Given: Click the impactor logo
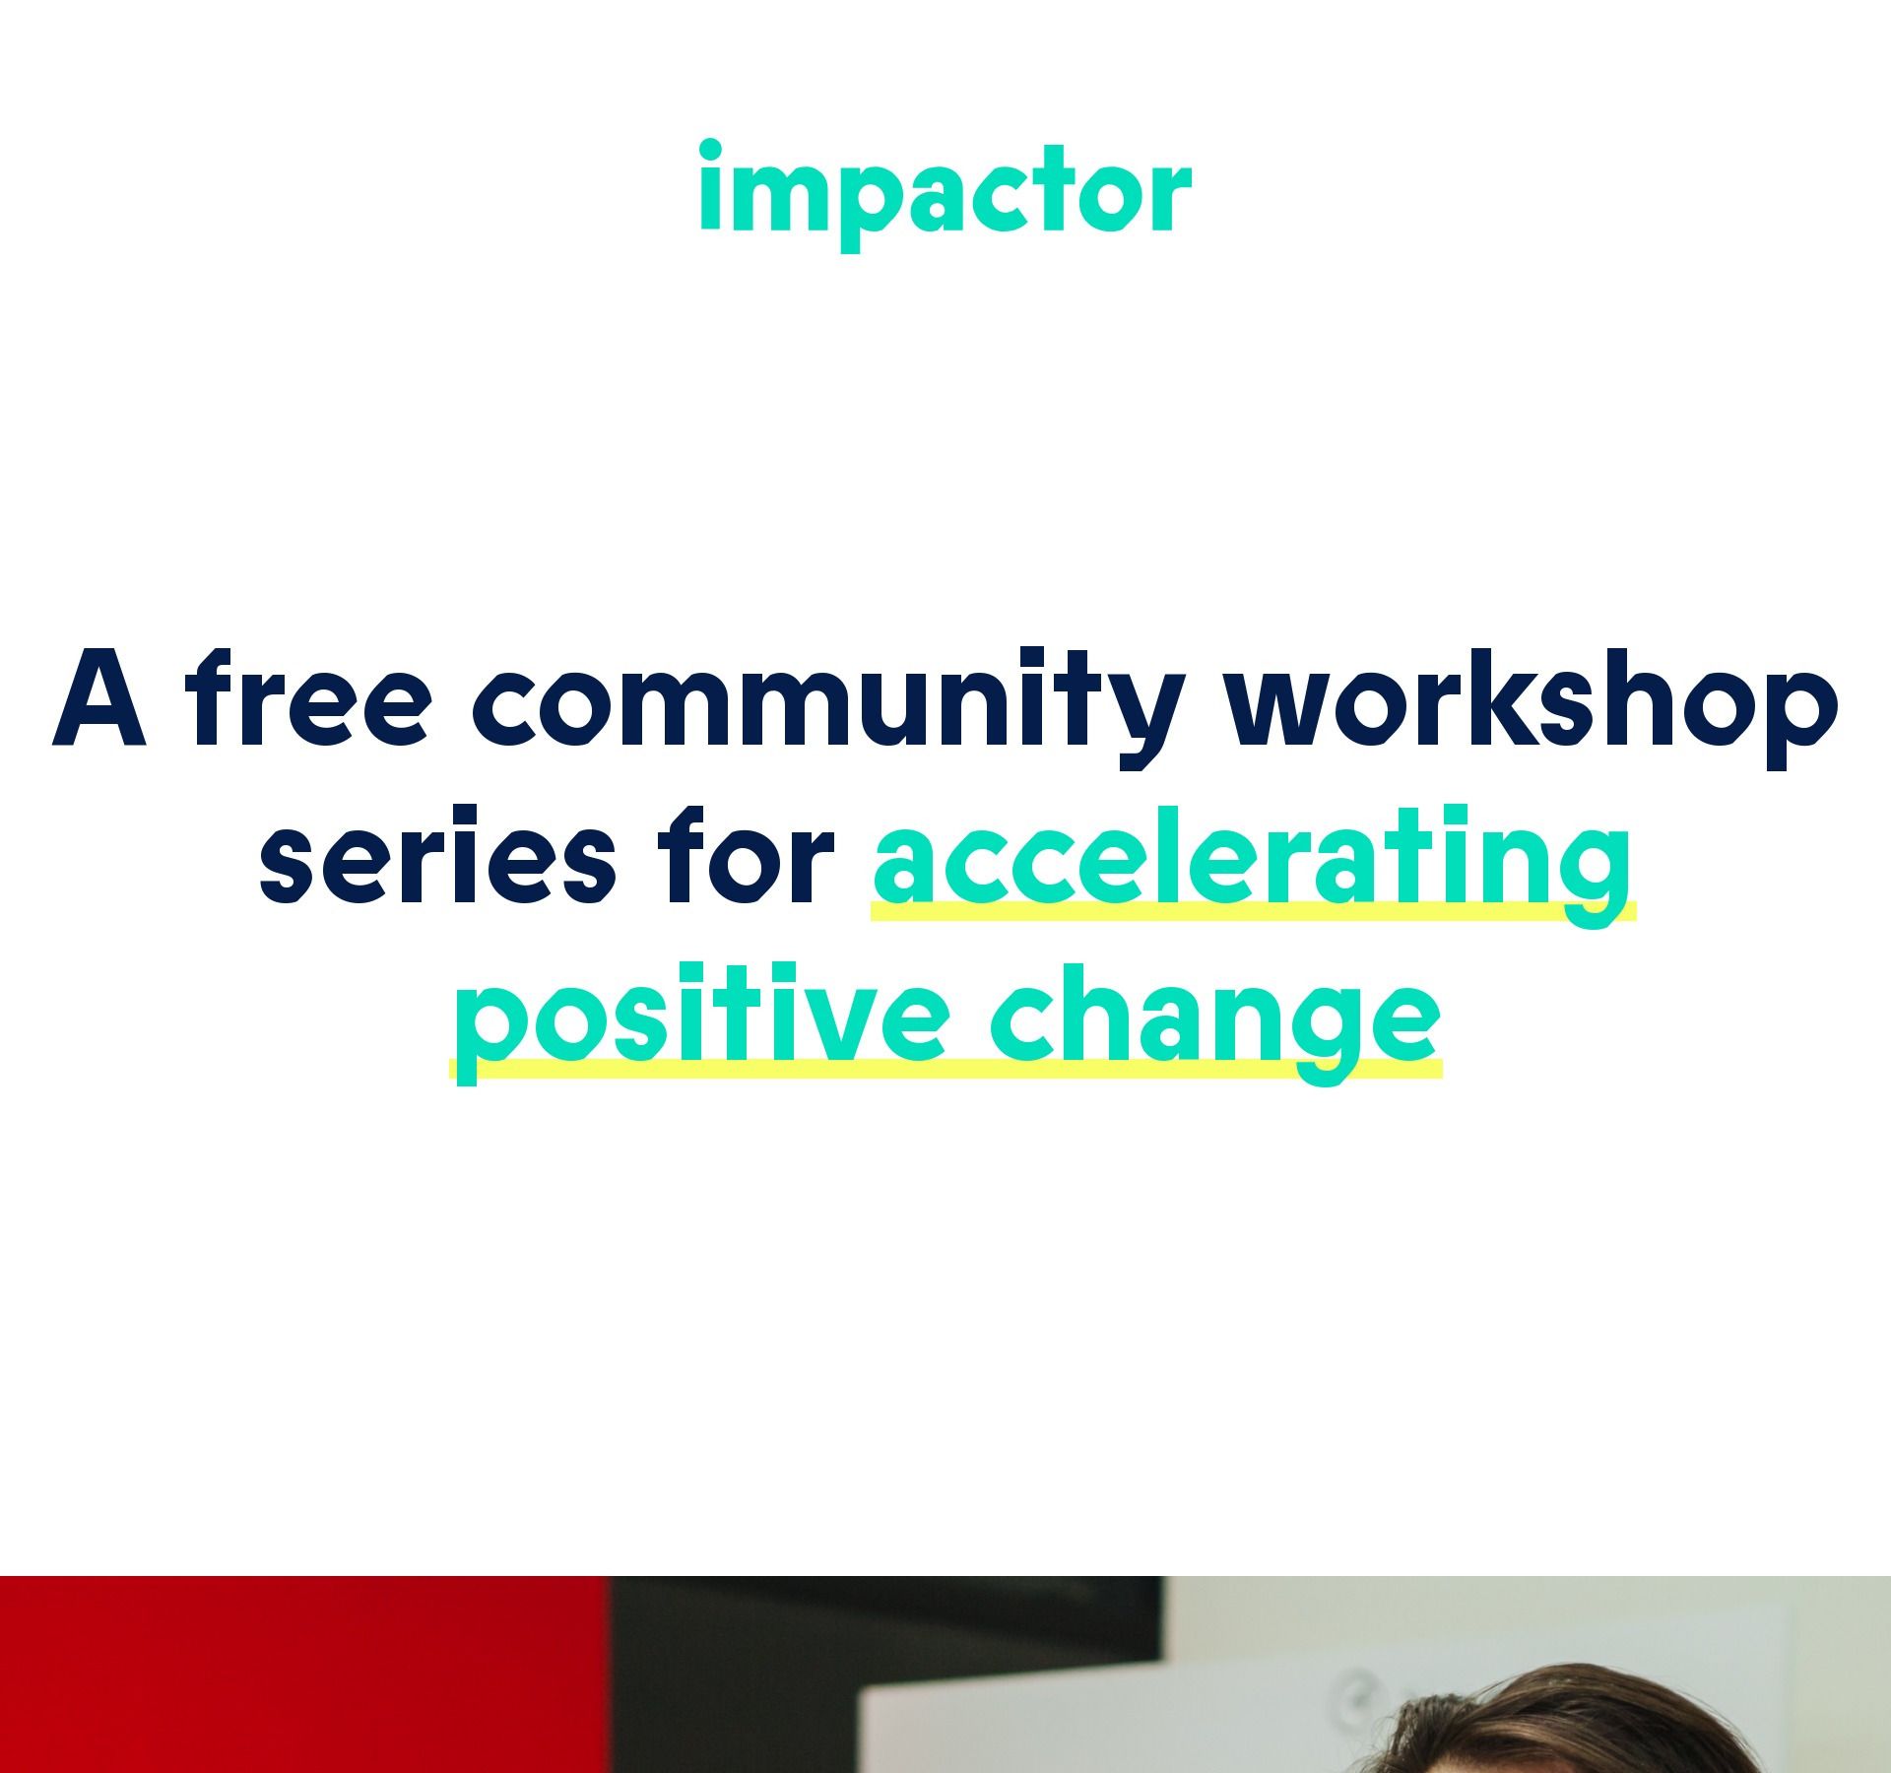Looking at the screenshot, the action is [945, 195].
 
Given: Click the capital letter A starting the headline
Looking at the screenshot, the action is [99, 698].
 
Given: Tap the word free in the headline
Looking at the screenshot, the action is [307, 696].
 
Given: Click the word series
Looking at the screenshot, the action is [437, 855].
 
